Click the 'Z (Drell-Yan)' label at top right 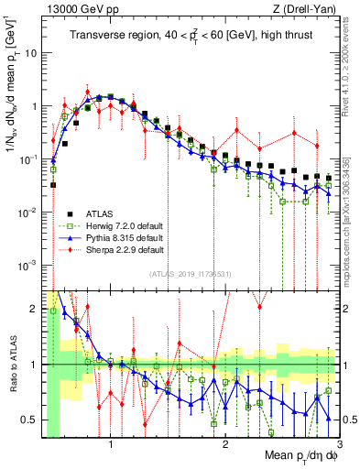coord(301,10)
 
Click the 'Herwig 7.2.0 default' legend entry coord(131,223)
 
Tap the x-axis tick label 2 coord(225,445)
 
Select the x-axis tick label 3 coord(340,445)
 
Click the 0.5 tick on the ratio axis coord(32,420)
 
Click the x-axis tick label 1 coord(111,445)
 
